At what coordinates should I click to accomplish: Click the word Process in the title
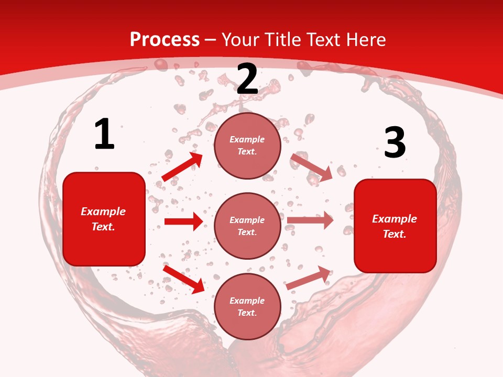[165, 40]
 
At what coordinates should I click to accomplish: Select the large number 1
[104, 135]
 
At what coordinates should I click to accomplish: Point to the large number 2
[247, 80]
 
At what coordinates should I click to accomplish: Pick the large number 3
[395, 142]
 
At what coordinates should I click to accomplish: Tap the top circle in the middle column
[247, 146]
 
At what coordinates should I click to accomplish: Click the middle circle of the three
[247, 226]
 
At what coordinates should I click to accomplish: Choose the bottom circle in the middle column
[247, 306]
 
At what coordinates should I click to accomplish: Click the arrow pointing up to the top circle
[183, 167]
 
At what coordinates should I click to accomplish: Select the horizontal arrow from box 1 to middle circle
[183, 221]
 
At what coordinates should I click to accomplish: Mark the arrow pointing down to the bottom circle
[184, 279]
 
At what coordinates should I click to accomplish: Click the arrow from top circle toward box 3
[312, 167]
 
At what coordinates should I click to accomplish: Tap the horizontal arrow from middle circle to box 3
[310, 220]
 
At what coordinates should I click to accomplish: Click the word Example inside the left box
[103, 212]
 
